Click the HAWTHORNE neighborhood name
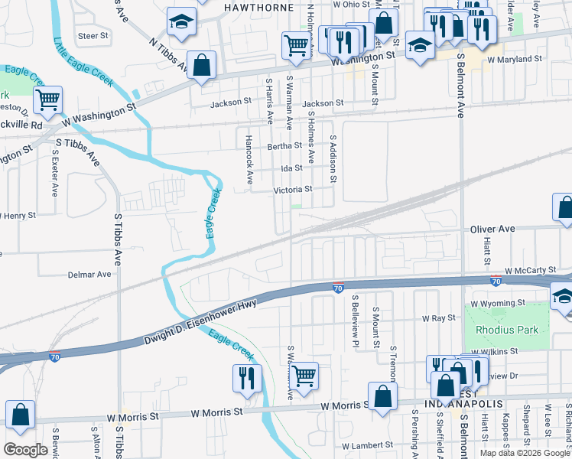tap(258, 7)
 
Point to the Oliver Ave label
tap(493, 229)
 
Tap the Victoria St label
tap(294, 189)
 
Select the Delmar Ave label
tap(89, 274)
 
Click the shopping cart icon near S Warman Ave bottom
tap(304, 376)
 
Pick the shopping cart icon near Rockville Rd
tap(47, 99)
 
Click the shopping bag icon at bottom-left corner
tap(20, 414)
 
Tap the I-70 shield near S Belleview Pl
tap(337, 288)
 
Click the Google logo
tap(26, 450)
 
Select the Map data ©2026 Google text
tap(525, 453)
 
